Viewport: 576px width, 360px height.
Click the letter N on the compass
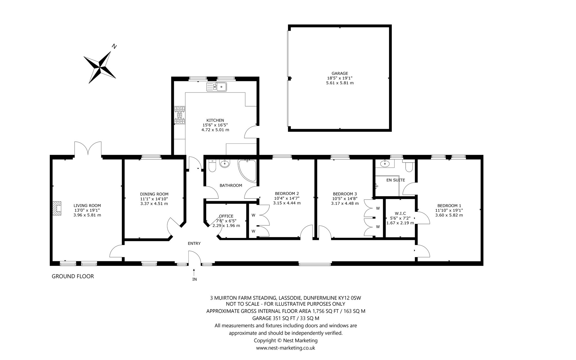pos(114,46)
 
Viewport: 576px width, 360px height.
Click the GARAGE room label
pos(340,73)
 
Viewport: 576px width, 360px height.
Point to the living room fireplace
pos(57,208)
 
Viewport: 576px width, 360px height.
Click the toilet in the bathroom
pos(212,166)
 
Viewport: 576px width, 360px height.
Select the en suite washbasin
pos(384,163)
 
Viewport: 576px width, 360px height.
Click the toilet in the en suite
pos(409,166)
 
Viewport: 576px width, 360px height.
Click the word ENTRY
pos(194,244)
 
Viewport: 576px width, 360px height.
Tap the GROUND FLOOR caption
pos(73,276)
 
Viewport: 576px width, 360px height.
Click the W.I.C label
pos(400,213)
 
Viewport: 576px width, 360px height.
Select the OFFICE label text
pos(226,216)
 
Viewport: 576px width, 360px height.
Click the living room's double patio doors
pos(88,148)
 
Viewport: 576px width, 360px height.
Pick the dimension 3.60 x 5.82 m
pos(449,215)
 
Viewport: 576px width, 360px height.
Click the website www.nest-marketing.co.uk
pos(285,348)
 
